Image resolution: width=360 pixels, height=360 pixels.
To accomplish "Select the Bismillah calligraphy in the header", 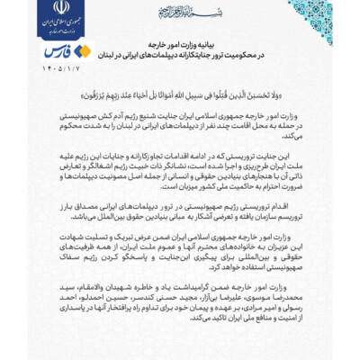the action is click(181, 12).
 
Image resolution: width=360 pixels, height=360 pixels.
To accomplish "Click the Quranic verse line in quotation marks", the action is click(180, 91).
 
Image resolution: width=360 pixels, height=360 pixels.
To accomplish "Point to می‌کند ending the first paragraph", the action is click(296, 137).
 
